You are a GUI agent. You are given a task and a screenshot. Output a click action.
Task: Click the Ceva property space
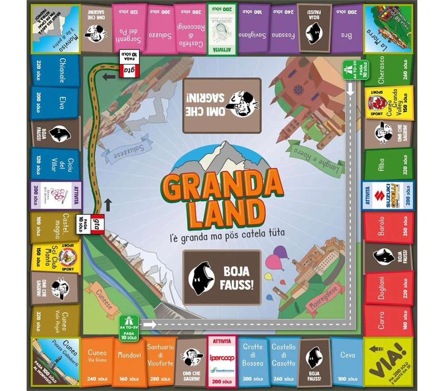[347, 362]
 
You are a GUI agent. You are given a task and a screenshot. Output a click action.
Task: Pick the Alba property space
[388, 164]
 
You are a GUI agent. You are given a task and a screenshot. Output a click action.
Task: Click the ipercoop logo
[222, 358]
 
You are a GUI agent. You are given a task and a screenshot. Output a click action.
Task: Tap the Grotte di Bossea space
[253, 362]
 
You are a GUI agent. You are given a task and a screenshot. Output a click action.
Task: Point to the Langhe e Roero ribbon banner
[316, 153]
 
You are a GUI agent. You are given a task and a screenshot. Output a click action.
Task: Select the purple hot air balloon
[280, 254]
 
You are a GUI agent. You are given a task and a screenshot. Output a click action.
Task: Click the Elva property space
[55, 102]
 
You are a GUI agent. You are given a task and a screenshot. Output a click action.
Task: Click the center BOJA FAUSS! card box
[222, 277]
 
